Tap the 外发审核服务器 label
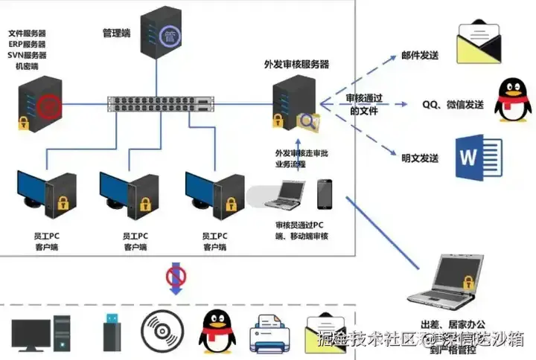tap(296, 64)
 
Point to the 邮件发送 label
tap(420, 56)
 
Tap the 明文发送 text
tap(420, 158)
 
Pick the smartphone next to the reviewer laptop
tap(324, 194)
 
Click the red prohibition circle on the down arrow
tap(176, 277)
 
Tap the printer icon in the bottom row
tap(267, 332)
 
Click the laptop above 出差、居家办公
tap(444, 280)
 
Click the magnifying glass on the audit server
tap(307, 121)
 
